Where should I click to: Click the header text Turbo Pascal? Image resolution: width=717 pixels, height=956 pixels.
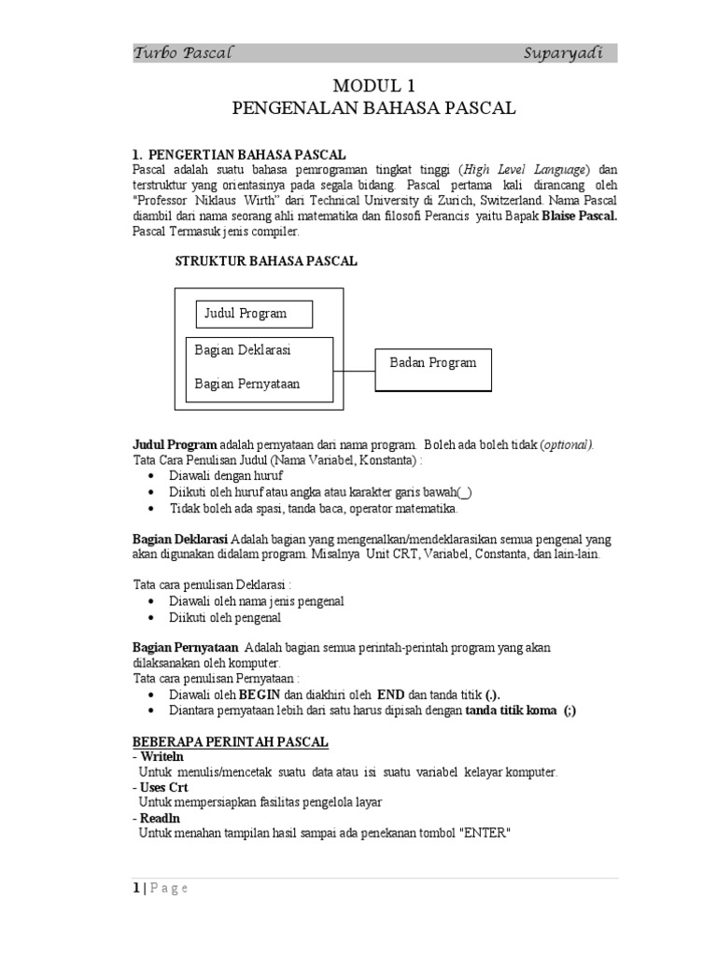click(182, 53)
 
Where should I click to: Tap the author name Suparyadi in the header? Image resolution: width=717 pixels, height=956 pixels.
click(563, 53)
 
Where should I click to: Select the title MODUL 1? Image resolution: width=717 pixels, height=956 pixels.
click(373, 86)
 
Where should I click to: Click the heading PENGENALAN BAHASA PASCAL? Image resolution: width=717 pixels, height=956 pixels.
click(373, 108)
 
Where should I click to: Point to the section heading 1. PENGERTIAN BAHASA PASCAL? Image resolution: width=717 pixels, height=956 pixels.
click(239, 154)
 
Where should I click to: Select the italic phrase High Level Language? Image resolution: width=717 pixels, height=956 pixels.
click(526, 169)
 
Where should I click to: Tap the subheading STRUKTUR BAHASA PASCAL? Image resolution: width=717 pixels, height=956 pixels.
click(266, 261)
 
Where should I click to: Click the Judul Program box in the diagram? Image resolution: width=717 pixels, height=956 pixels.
click(254, 314)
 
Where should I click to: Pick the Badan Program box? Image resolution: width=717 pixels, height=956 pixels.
click(433, 363)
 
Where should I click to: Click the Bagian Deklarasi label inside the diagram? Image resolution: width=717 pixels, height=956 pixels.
click(243, 350)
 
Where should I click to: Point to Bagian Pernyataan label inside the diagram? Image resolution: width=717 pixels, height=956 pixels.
click(246, 383)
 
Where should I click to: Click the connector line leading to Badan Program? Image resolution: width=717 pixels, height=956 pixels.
click(355, 371)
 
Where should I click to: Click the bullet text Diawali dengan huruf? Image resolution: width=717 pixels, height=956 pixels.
click(226, 475)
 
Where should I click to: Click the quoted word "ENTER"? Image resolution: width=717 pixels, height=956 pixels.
click(483, 833)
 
